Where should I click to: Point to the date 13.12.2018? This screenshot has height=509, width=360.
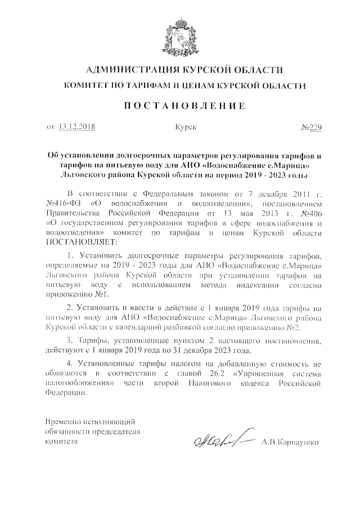coord(77,127)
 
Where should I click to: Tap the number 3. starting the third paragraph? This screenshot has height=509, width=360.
coord(70,340)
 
